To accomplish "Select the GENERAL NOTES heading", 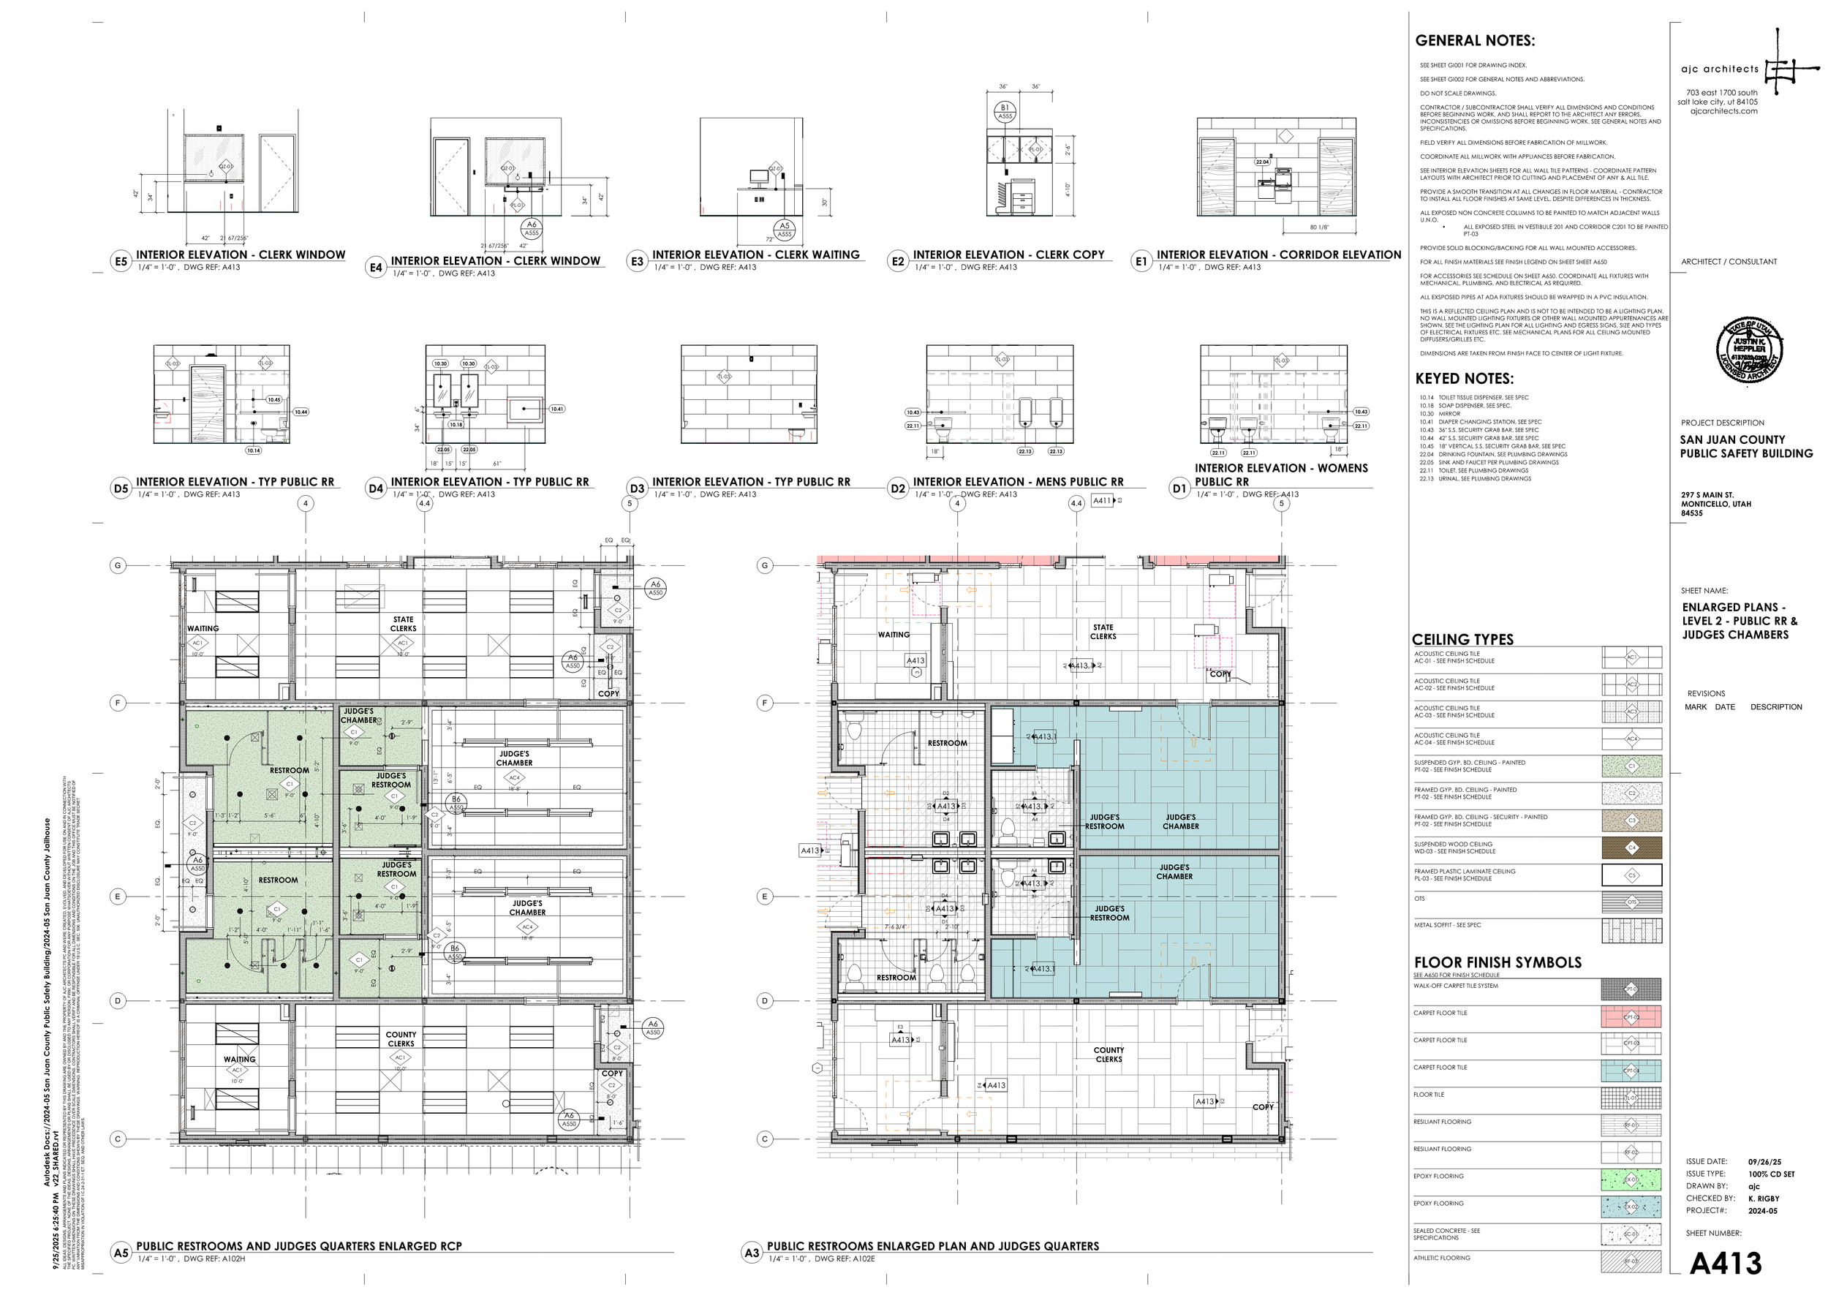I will (1474, 41).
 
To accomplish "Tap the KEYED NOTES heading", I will (1464, 379).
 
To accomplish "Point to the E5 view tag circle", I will (121, 261).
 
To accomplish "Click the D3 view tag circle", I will (637, 488).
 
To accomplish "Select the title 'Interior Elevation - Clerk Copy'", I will (1008, 255).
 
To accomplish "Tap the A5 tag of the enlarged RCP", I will (121, 1252).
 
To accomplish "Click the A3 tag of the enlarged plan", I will (751, 1252).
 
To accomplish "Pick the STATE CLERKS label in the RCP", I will (403, 624).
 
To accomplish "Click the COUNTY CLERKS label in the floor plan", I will (1108, 1054).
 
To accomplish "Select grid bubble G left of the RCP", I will (118, 565).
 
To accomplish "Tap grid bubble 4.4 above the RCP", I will (425, 503).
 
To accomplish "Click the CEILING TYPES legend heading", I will (1462, 639).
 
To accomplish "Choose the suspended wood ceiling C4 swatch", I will (1631, 848).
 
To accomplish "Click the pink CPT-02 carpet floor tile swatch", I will (1631, 1016).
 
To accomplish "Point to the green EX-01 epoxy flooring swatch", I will (1631, 1179).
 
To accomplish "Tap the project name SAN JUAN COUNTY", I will (1731, 440).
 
